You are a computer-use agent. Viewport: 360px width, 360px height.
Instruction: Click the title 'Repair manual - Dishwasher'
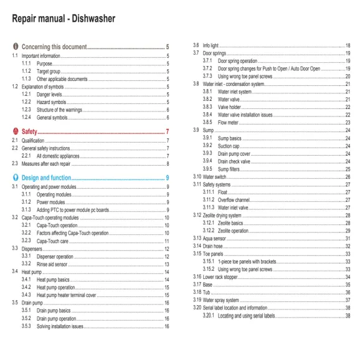pos(63,19)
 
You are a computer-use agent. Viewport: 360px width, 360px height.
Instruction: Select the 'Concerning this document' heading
pos(54,47)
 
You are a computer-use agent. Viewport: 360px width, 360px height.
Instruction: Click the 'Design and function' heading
pos(52,178)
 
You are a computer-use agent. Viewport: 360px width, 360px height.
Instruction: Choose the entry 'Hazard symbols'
pos(54,101)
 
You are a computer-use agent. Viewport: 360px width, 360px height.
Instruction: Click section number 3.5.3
pos(27,326)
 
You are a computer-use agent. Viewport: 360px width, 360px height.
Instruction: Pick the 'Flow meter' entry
pos(231,122)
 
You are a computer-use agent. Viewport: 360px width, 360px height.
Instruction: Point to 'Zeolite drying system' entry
pos(229,215)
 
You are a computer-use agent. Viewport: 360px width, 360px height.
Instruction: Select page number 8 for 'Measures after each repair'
pos(168,163)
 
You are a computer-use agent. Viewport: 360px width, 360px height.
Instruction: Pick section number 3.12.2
pos(209,230)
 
